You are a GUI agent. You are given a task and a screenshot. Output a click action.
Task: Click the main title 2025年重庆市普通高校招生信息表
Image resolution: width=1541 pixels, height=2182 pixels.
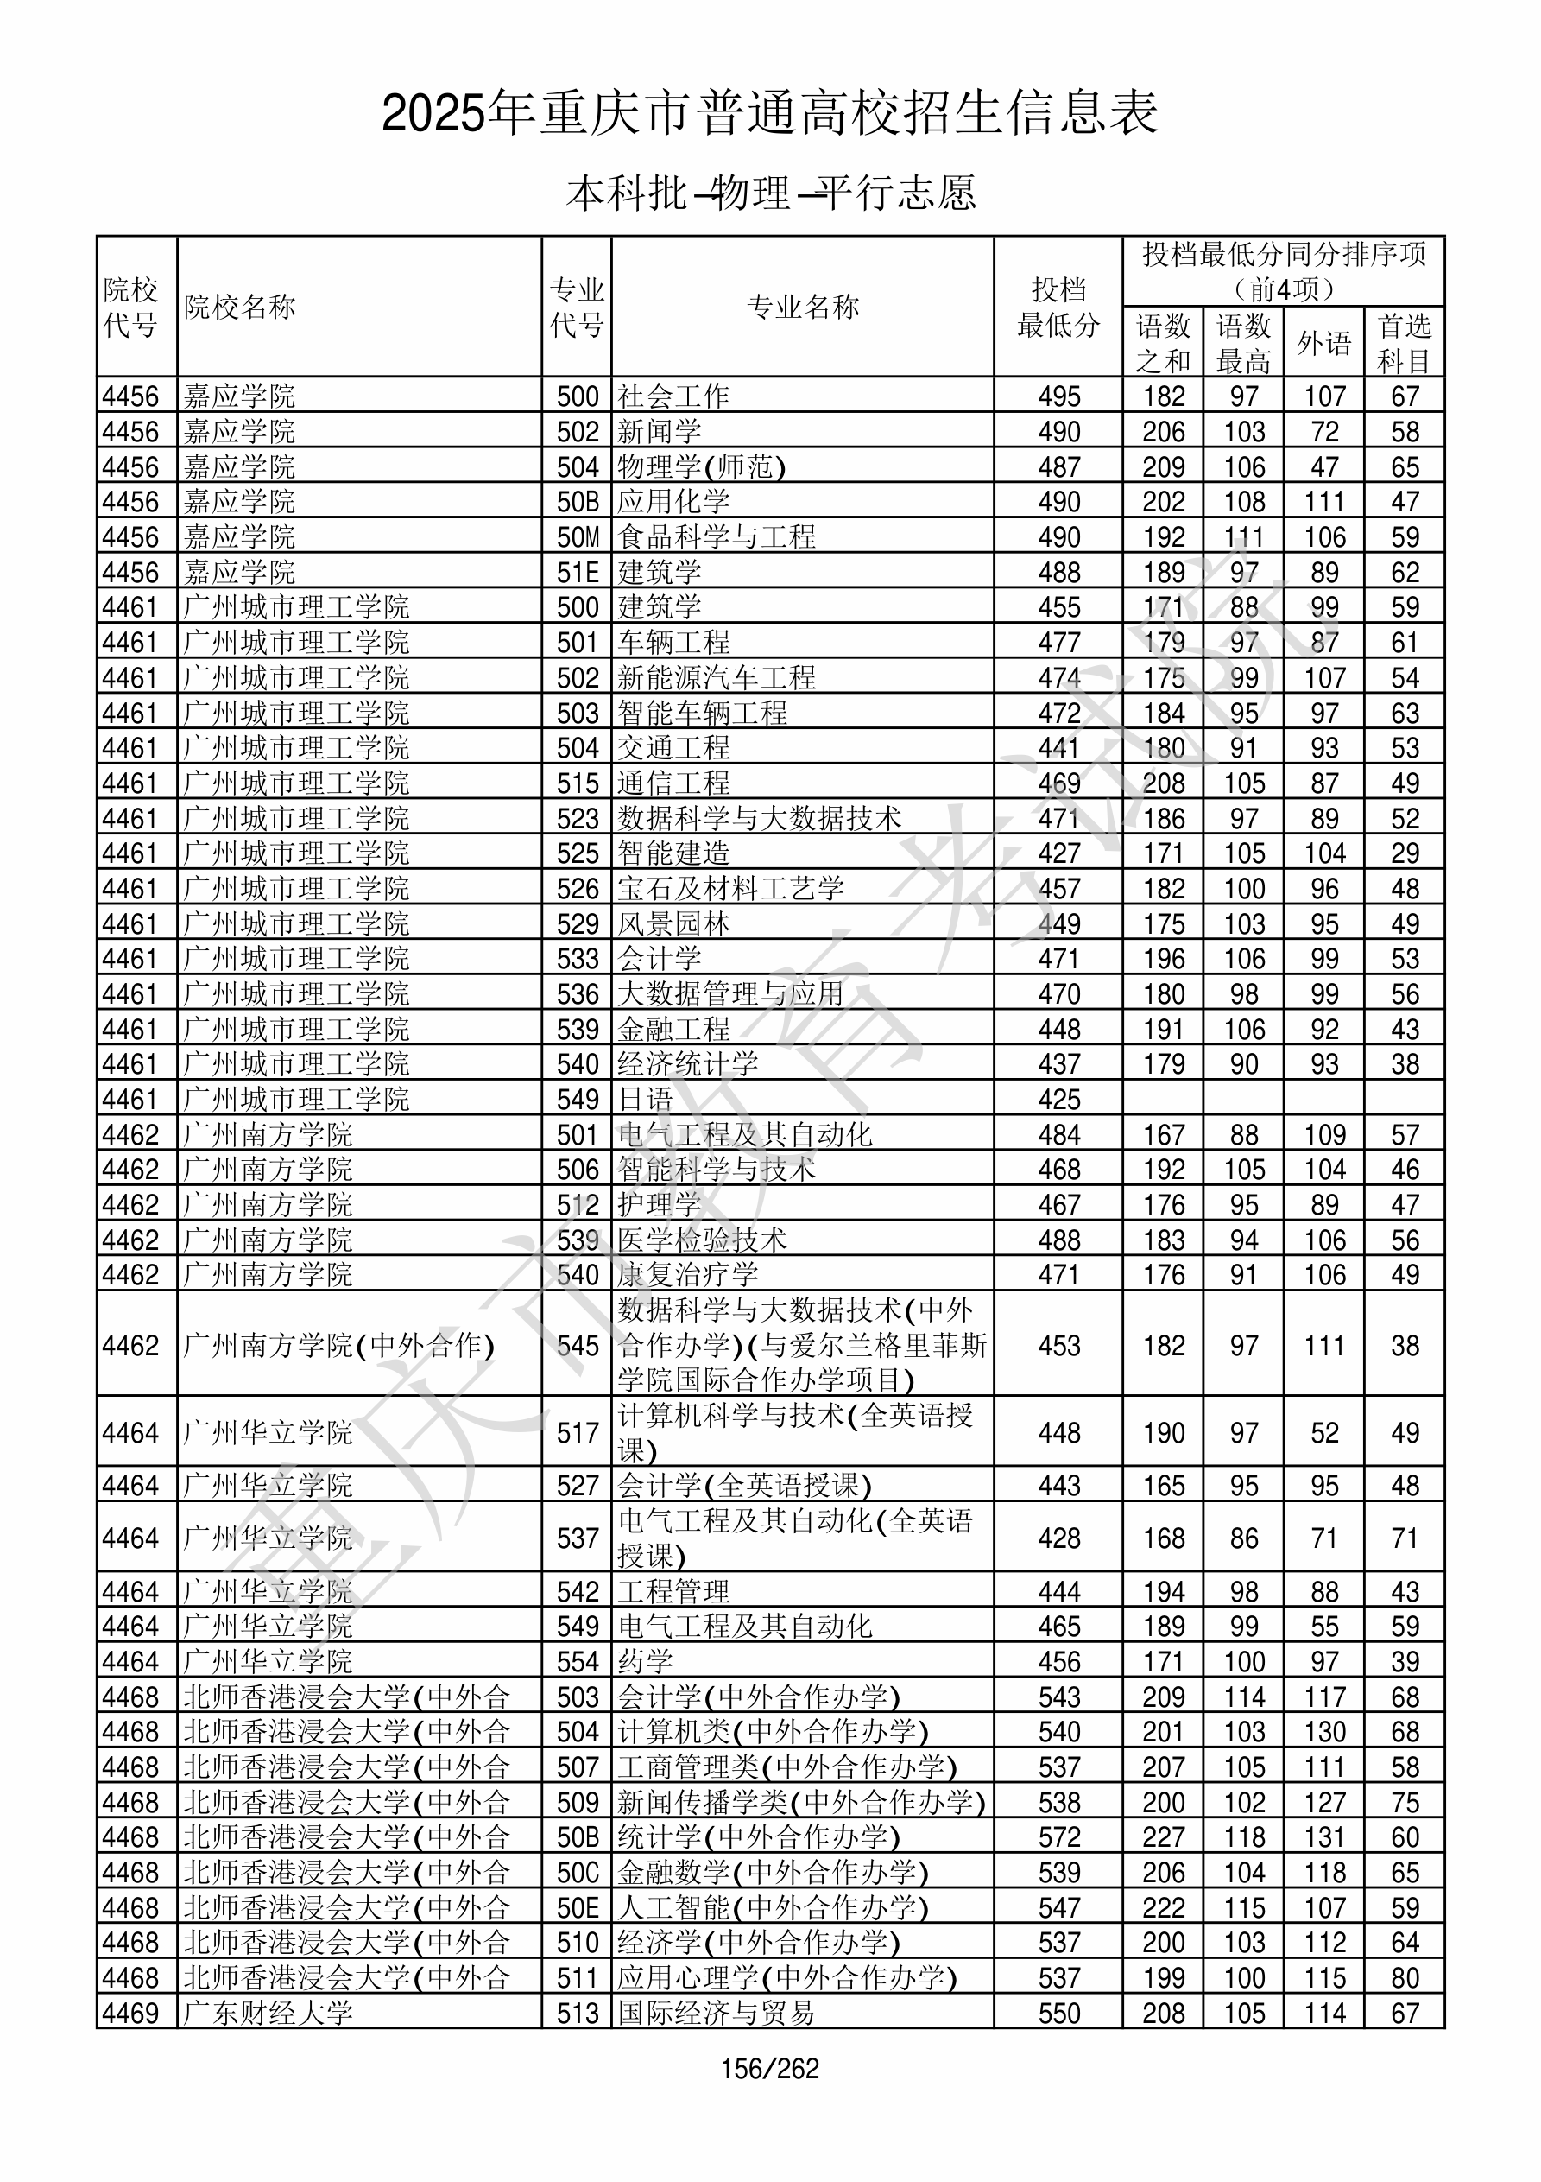tap(770, 114)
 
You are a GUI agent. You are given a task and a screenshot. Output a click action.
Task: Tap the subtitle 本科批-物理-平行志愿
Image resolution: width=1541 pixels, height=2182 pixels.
tap(770, 193)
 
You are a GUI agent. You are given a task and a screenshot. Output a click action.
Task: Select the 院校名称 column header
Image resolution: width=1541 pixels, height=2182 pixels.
tap(240, 307)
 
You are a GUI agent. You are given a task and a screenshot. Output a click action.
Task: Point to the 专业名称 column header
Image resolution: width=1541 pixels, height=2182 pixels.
tap(803, 307)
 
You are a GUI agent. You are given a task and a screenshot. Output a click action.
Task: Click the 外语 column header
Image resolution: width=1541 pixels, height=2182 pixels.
tap(1324, 343)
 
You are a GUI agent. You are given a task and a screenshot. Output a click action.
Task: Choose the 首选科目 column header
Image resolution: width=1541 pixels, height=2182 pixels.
tap(1405, 343)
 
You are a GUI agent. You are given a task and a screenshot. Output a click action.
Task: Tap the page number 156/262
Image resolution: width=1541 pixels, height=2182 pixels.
tap(770, 2068)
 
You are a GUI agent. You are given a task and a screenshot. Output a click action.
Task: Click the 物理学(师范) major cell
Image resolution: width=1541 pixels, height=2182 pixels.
tap(701, 466)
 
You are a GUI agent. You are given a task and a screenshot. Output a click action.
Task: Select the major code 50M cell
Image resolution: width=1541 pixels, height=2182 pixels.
tap(578, 537)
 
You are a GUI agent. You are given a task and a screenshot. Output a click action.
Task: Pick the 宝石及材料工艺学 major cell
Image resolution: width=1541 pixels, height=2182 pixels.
tap(730, 889)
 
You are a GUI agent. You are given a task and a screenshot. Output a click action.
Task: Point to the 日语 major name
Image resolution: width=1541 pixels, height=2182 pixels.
tap(646, 1100)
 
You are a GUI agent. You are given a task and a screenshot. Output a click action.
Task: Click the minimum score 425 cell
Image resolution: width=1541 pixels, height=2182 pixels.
tap(1059, 1100)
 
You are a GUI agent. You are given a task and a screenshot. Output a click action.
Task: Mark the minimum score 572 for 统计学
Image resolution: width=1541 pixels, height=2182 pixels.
tap(1059, 1837)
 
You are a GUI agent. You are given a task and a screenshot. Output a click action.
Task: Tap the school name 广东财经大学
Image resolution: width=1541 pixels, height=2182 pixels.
tap(268, 2013)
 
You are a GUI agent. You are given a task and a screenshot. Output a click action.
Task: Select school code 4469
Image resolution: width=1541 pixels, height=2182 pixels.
tap(131, 2013)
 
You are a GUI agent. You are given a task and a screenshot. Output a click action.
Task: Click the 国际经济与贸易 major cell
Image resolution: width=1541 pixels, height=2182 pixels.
tap(717, 2013)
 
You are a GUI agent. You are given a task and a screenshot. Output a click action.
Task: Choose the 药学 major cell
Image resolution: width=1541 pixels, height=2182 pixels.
tap(646, 1661)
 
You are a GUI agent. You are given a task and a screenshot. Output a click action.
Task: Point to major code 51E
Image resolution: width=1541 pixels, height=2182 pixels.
tap(578, 572)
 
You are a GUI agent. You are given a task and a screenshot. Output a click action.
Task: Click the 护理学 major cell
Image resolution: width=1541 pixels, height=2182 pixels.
tap(660, 1205)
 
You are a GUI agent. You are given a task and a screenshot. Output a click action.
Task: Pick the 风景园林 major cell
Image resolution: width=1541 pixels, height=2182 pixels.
tap(673, 923)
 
